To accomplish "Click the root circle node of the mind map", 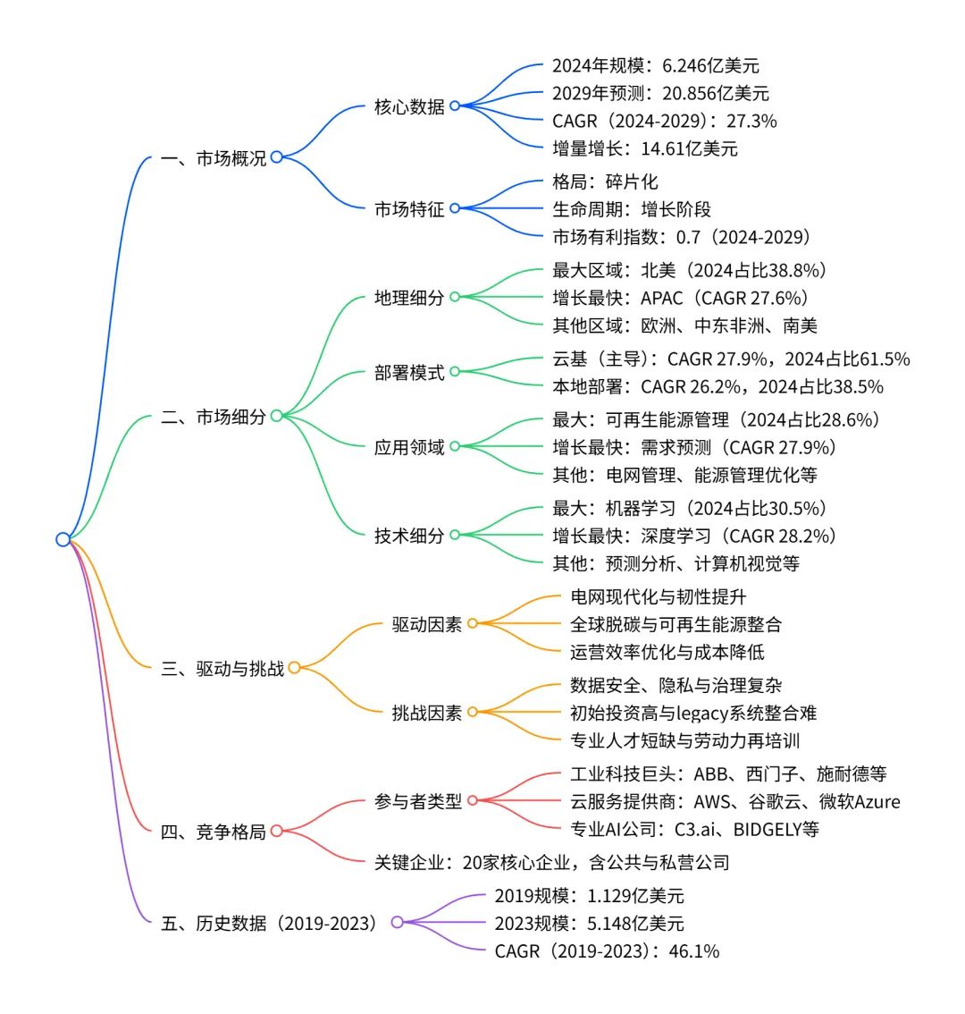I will coord(63,539).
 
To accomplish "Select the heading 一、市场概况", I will coord(214,158).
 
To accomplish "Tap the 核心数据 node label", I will coord(409,106).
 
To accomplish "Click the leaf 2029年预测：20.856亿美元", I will coord(659,93).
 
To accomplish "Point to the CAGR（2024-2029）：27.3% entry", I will coord(664,121).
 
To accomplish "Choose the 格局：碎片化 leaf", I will coord(605,182).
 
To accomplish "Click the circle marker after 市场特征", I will coord(455,208).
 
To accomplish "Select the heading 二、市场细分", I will coord(214,416).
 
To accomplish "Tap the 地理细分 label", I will coord(409,298).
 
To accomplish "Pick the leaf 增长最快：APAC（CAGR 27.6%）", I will coord(680,298).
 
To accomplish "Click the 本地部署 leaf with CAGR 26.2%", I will coord(717,386).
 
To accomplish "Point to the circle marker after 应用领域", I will coord(455,446).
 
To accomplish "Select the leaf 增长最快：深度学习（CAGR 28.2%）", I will coord(694,536).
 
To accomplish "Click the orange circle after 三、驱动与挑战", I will coord(294,667).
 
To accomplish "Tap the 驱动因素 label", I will coord(427,624).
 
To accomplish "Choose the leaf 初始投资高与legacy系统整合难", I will coord(693,713).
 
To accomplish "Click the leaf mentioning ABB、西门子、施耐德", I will coord(728,774).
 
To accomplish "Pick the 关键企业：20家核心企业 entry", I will coord(551,862).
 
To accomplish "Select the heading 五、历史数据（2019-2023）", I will coord(269,923).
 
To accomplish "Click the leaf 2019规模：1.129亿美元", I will coord(589,895).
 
